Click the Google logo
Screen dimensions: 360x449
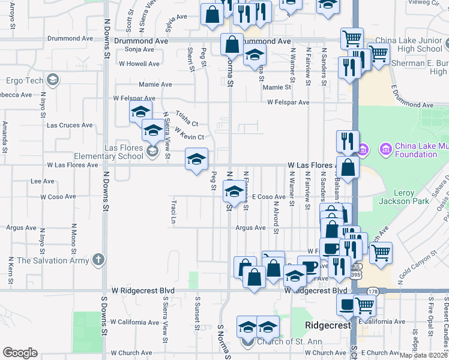[x=20, y=353]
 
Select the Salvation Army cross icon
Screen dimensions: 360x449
[x=98, y=260]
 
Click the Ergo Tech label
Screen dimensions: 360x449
[x=25, y=80]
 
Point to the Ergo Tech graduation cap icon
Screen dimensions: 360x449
[x=53, y=80]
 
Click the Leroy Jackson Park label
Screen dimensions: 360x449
[x=412, y=197]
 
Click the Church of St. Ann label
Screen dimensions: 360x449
[x=286, y=343]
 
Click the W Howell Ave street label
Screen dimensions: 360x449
[x=139, y=63]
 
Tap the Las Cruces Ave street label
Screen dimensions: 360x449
[x=70, y=125]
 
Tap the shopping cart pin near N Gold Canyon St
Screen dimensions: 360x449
[x=380, y=253]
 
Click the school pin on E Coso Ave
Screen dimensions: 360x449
[x=234, y=191]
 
